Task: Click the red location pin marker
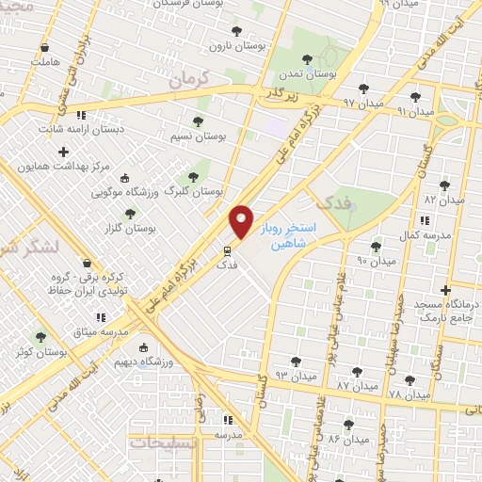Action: [242, 222]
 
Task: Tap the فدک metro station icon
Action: [227, 251]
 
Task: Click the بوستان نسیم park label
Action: [197, 136]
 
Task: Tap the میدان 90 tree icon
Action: [376, 247]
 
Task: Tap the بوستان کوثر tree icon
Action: [40, 337]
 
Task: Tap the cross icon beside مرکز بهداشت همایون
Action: [63, 152]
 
